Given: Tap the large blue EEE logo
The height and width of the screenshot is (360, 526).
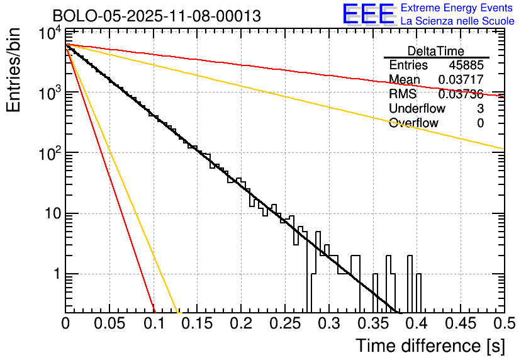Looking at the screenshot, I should click(367, 14).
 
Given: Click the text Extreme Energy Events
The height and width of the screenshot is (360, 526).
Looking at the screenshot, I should click(457, 8).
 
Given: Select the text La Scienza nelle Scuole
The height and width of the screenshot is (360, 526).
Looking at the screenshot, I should click(457, 21).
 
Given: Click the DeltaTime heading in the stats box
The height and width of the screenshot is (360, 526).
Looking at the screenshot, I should click(436, 51).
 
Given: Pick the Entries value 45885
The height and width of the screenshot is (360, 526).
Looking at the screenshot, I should click(466, 65).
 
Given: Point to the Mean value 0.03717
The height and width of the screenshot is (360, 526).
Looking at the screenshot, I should click(461, 80).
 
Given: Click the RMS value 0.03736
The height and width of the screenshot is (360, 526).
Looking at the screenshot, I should click(461, 94).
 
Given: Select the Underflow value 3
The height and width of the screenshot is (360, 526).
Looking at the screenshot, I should click(480, 109).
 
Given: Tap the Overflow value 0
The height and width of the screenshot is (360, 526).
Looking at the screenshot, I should click(480, 123).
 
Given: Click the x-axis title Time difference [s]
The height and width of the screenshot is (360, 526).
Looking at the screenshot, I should click(429, 346).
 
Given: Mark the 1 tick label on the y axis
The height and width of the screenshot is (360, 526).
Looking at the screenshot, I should click(55, 274).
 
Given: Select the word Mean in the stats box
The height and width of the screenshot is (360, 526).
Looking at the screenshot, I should click(405, 80).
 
